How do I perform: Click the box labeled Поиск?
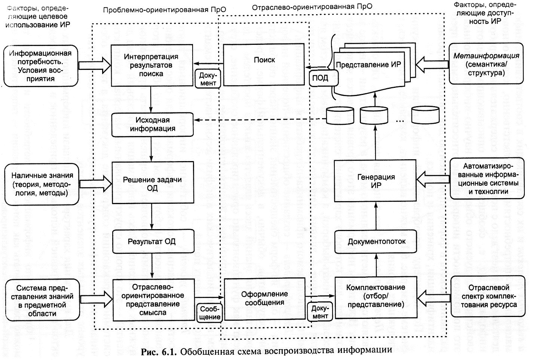(x=264, y=64)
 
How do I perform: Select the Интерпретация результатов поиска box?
(x=151, y=65)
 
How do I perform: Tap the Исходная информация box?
(x=153, y=124)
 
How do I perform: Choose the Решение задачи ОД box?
(x=153, y=183)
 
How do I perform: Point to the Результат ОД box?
(x=152, y=241)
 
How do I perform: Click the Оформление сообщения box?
(x=264, y=298)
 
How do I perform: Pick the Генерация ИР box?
(x=375, y=181)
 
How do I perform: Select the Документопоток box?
(x=376, y=241)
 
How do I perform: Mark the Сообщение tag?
(x=210, y=313)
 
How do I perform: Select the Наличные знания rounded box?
(x=42, y=184)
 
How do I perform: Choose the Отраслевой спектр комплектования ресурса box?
(x=488, y=296)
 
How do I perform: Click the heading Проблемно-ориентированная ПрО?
(x=165, y=9)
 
